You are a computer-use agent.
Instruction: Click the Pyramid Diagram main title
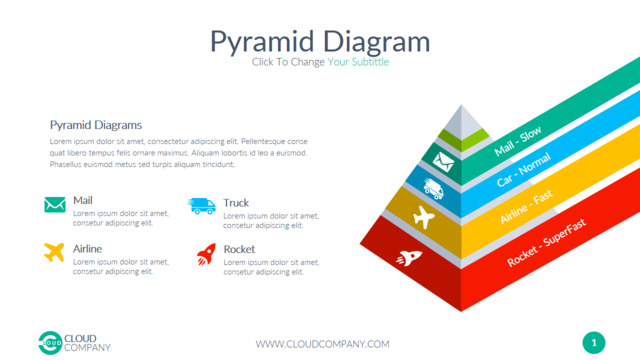tap(320, 42)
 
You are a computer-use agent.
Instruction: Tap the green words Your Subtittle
tap(358, 62)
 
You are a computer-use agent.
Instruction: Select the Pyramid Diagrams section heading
tap(96, 125)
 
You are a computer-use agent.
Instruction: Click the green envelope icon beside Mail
tap(55, 205)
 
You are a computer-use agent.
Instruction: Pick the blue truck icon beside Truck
tap(202, 206)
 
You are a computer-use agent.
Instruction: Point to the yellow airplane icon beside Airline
tap(54, 252)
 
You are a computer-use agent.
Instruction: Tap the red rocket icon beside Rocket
tap(207, 254)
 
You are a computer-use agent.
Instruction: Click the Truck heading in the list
tap(236, 203)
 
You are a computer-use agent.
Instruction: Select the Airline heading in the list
tap(87, 249)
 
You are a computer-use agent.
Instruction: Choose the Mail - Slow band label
tap(518, 141)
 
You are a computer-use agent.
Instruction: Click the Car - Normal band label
tap(524, 170)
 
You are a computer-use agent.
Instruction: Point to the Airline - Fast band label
tap(527, 207)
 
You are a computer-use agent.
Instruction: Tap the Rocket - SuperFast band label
tap(547, 242)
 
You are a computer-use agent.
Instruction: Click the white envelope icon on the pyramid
tap(443, 162)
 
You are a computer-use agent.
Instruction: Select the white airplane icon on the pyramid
tap(424, 217)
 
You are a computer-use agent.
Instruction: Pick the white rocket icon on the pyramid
tap(409, 258)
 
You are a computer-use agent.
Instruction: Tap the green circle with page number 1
tap(594, 343)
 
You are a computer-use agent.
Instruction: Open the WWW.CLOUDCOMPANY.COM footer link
tap(322, 344)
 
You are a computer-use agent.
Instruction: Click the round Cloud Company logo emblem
tap(50, 343)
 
